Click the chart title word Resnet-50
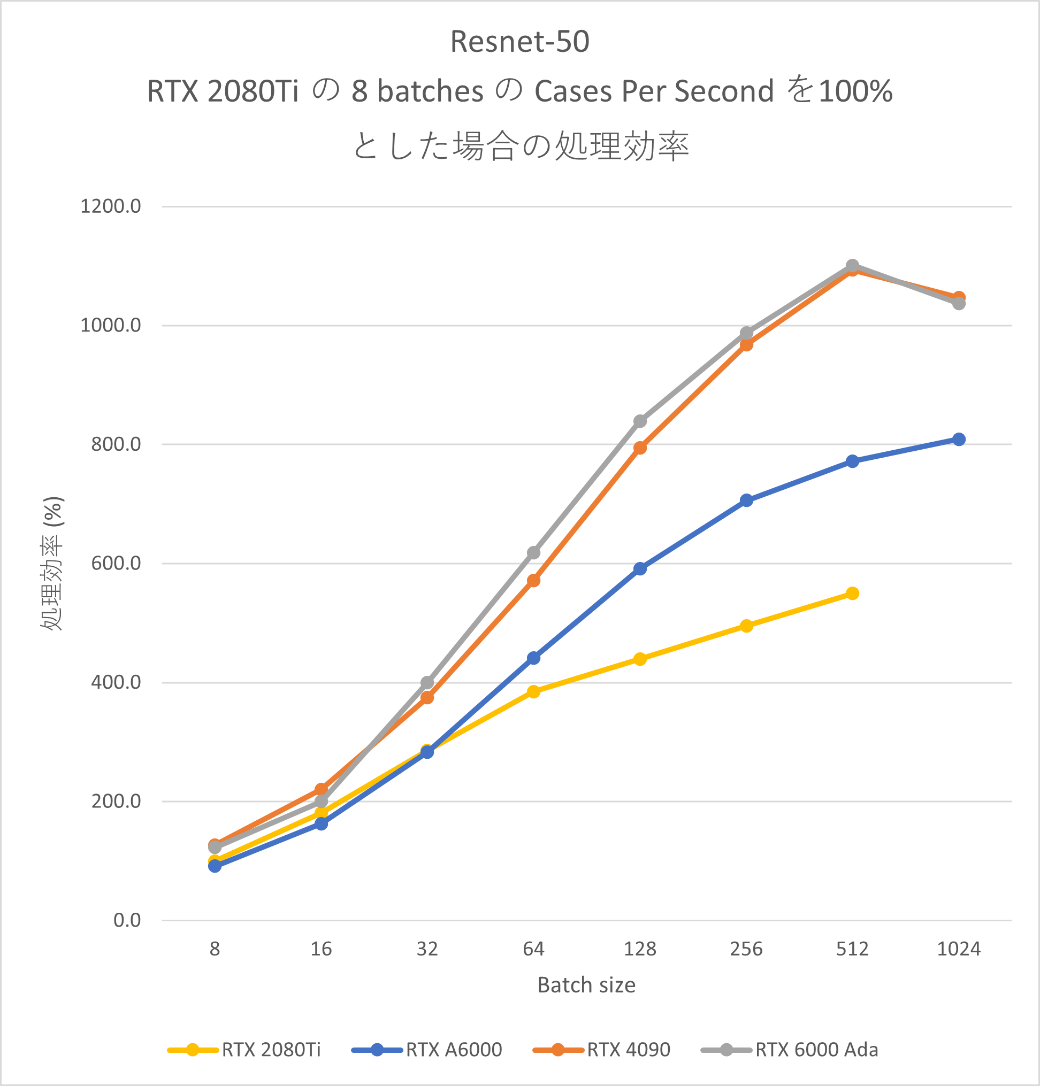pos(519,42)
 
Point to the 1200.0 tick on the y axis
pos(111,206)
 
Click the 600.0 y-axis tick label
pos(116,563)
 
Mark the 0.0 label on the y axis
pos(127,920)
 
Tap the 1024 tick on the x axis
pos(959,949)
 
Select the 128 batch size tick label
pos(640,949)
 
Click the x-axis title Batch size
pos(586,985)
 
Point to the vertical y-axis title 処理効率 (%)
pos(52,563)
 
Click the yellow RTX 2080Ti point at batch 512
pos(853,594)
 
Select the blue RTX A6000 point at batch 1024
pos(959,440)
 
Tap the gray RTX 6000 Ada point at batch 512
pos(853,265)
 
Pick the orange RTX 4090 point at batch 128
pos(640,448)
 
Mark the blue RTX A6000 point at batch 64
pos(533,658)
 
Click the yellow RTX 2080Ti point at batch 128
pos(640,659)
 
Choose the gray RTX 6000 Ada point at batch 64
pos(533,552)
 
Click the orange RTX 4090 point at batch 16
pos(321,789)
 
